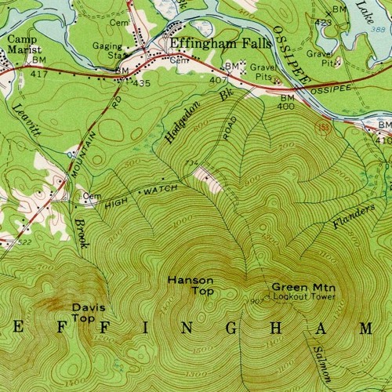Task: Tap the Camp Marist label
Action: point(24,44)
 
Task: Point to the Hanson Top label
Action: point(186,285)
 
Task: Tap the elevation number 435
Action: point(141,82)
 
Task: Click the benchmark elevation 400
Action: point(287,106)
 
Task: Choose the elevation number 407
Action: point(217,80)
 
